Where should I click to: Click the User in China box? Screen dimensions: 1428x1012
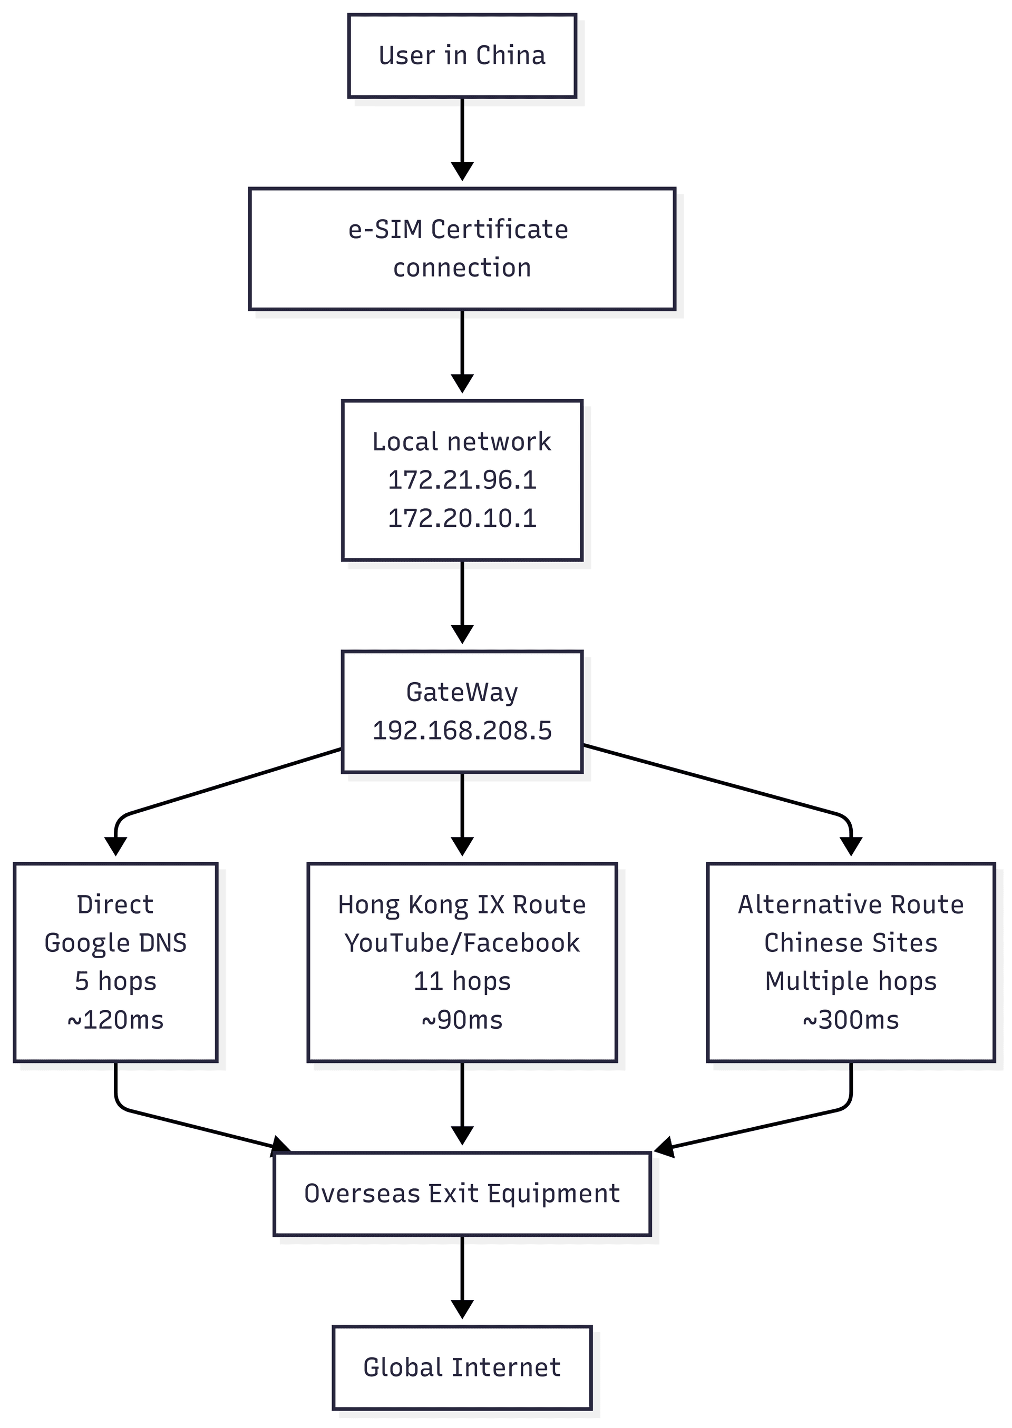[462, 56]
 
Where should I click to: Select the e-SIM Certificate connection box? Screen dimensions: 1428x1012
[462, 249]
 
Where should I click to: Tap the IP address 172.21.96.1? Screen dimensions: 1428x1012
[462, 479]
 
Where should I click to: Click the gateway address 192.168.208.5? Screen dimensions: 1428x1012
[462, 731]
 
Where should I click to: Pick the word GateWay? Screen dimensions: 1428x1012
[462, 693]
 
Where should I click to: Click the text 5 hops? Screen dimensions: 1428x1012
[115, 981]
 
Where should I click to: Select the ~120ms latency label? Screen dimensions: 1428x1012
[115, 1019]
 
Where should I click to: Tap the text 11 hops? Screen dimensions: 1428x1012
[462, 981]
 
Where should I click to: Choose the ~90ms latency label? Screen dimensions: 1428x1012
[462, 1019]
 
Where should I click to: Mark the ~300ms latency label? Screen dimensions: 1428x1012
[851, 1019]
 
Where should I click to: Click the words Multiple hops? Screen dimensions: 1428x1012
[851, 981]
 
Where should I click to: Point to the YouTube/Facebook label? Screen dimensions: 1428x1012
[462, 943]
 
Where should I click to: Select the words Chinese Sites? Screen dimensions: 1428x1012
[851, 943]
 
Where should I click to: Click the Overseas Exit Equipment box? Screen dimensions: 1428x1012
[462, 1193]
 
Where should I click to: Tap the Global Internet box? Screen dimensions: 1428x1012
[462, 1367]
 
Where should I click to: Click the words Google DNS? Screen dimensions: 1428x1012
[115, 943]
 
